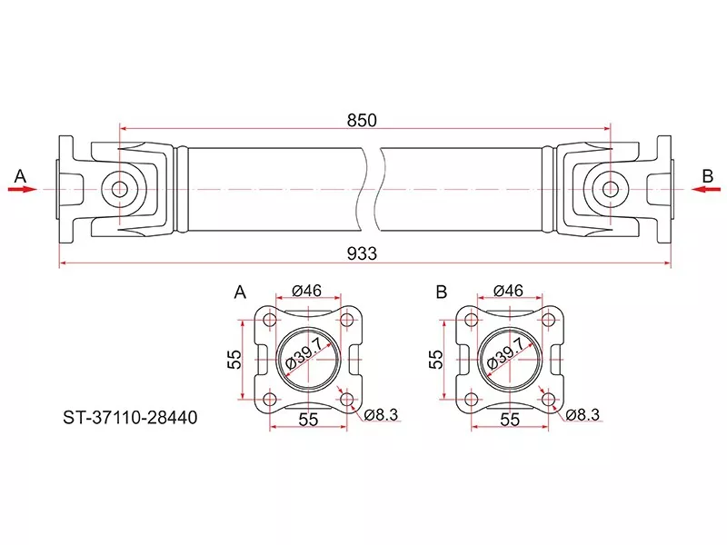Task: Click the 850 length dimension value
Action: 363,119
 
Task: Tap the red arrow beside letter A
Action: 22,189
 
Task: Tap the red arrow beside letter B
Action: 705,189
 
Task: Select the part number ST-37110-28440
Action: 130,419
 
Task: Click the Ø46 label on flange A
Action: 307,292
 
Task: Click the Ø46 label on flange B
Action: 507,292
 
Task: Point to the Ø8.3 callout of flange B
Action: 583,415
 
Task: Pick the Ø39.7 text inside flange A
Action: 306,356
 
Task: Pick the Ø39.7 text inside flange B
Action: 507,356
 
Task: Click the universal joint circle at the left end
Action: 119,189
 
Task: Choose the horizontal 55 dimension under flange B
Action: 510,420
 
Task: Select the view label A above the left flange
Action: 241,292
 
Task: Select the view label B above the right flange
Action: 442,292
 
